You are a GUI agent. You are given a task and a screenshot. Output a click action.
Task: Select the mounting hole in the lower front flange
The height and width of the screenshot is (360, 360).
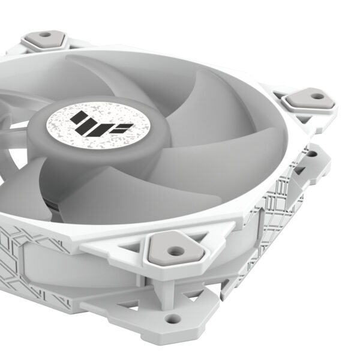173,319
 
